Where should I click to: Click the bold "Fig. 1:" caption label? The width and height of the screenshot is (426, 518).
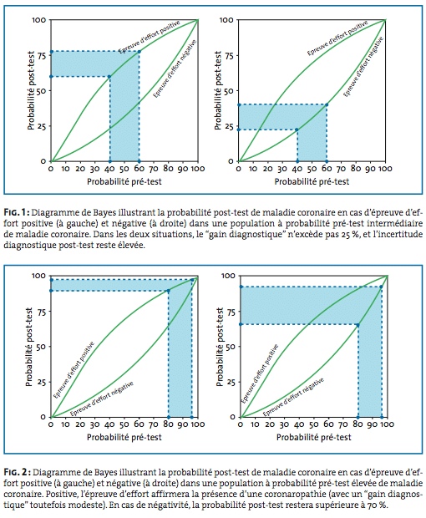pyautogui.click(x=17, y=212)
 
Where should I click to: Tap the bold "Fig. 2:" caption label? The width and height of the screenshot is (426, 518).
pyautogui.click(x=18, y=472)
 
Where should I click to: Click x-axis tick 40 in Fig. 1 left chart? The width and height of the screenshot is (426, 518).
pyautogui.click(x=109, y=169)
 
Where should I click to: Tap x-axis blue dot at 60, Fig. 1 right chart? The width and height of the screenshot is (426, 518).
pyautogui.click(x=327, y=161)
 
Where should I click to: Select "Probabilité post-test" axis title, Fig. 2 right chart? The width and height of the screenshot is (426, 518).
pyautogui.click(x=220, y=347)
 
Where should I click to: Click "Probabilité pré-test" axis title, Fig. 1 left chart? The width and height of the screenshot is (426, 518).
pyautogui.click(x=124, y=181)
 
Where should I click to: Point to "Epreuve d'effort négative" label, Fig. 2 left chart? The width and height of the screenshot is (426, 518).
pyautogui.click(x=102, y=399)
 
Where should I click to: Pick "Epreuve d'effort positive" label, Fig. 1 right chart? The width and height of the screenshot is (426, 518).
pyautogui.click(x=337, y=38)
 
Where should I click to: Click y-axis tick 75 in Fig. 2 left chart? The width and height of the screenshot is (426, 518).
pyautogui.click(x=42, y=311)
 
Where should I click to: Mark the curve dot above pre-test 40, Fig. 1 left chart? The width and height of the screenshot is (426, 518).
pyautogui.click(x=109, y=76)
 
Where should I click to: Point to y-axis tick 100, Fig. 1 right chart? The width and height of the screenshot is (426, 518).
pyautogui.click(x=226, y=20)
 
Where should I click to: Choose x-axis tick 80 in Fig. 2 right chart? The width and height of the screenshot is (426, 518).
pyautogui.click(x=358, y=424)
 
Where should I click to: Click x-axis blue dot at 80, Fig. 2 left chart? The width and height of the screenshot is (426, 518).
pyautogui.click(x=169, y=417)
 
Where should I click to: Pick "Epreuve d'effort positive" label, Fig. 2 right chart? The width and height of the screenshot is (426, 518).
pyautogui.click(x=260, y=373)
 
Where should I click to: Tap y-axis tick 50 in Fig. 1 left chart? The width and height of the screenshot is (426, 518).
pyautogui.click(x=42, y=91)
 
